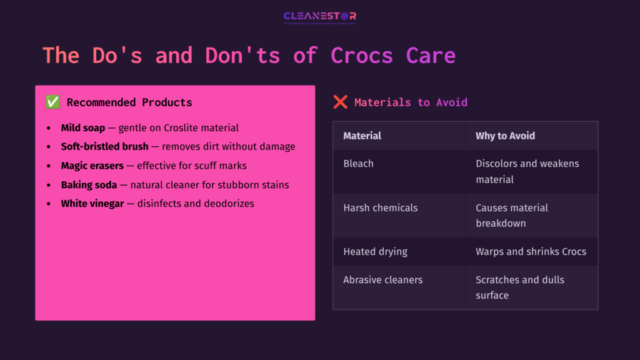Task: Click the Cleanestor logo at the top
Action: (319, 17)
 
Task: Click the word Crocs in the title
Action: (362, 56)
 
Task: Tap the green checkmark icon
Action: (52, 102)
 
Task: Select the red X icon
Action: (340, 102)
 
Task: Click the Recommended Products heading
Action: (129, 102)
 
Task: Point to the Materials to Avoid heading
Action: (411, 102)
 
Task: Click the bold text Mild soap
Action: (83, 128)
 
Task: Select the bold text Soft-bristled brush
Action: (105, 147)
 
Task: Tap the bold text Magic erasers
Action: (92, 166)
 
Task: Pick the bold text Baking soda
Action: (89, 185)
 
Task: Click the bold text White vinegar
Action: (92, 204)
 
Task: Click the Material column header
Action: (362, 136)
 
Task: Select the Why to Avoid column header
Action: (505, 136)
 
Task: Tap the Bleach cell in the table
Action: (359, 164)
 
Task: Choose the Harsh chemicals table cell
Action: (381, 207)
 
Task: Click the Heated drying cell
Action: (375, 252)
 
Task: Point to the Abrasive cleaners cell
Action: (383, 280)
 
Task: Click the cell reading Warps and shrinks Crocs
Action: (531, 252)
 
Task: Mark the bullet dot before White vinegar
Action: (49, 204)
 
